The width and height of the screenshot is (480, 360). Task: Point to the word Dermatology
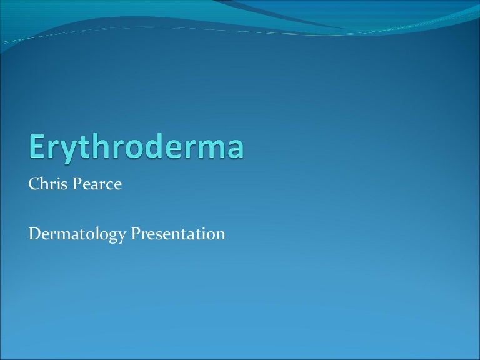[77, 235]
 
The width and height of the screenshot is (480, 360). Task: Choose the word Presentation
[177, 234]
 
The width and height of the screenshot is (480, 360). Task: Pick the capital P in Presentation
[136, 234]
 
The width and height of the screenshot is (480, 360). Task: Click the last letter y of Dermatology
[122, 237]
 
